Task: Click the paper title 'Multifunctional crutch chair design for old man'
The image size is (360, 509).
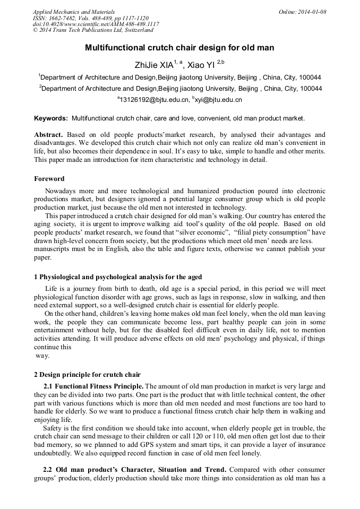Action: [x=179, y=48]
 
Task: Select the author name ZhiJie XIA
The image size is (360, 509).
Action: [x=156, y=65]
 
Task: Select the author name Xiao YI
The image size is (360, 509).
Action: [x=202, y=65]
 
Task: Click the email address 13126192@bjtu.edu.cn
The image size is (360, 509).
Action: [x=154, y=100]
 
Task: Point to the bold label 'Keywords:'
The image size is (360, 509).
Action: [x=51, y=118]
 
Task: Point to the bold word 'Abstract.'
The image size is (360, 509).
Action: [x=49, y=135]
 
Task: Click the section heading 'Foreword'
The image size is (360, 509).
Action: [x=49, y=179]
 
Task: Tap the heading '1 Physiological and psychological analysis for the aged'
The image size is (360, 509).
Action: [x=118, y=277]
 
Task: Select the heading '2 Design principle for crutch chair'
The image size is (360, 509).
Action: [x=87, y=375]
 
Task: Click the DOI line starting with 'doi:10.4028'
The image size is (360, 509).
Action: [x=96, y=24]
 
